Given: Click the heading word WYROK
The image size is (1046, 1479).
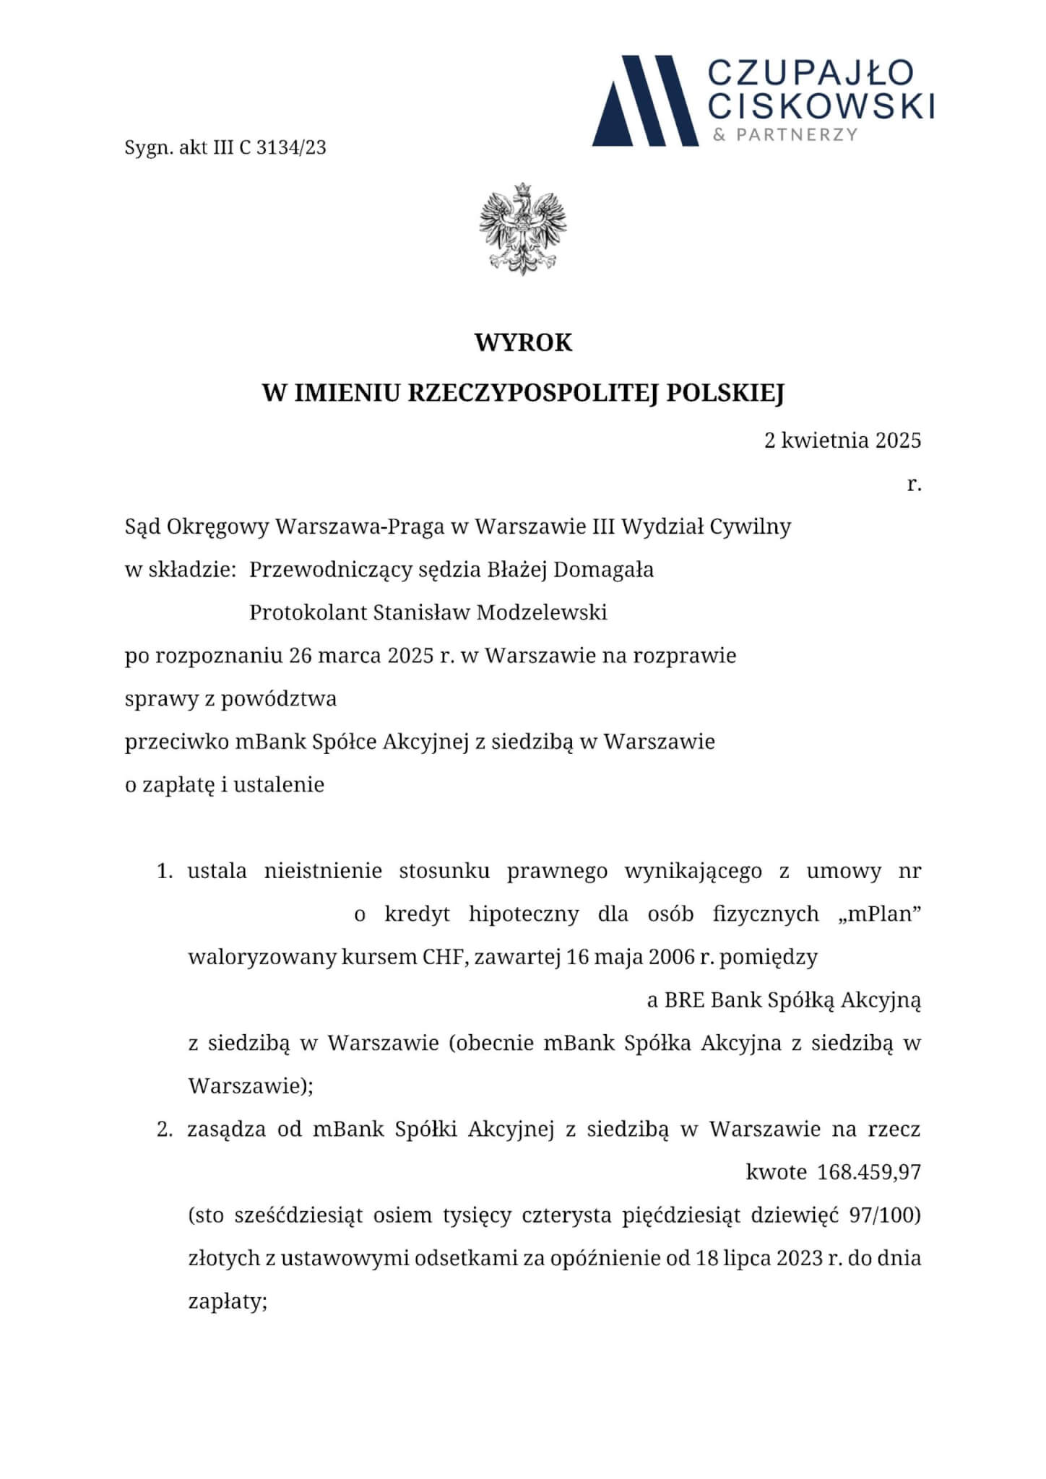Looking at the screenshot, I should (523, 342).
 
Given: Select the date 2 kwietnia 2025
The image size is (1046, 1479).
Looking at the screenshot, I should (842, 440).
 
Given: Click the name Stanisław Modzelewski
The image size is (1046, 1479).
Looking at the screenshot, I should (490, 612).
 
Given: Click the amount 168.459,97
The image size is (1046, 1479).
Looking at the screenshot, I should (869, 1172).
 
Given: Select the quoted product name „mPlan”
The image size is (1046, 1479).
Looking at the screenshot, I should (879, 914).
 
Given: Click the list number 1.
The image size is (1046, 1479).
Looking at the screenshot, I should (164, 872).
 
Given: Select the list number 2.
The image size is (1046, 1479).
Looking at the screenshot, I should (164, 1129).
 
